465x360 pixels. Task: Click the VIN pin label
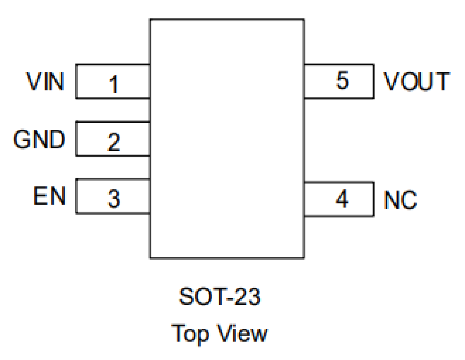pyautogui.click(x=45, y=81)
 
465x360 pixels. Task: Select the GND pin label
pyautogui.click(x=39, y=139)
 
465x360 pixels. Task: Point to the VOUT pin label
pyautogui.click(x=417, y=81)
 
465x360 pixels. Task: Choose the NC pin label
pyautogui.click(x=400, y=200)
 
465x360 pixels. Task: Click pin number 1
pyautogui.click(x=114, y=84)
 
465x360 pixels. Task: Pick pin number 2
pyautogui.click(x=114, y=142)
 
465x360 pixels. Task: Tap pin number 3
pyautogui.click(x=114, y=199)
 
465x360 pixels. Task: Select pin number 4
pyautogui.click(x=342, y=199)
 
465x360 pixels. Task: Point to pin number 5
pyautogui.click(x=342, y=80)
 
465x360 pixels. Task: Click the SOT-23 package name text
pyautogui.click(x=220, y=297)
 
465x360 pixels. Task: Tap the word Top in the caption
pyautogui.click(x=190, y=333)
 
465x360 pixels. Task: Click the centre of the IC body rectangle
pyautogui.click(x=227, y=139)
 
